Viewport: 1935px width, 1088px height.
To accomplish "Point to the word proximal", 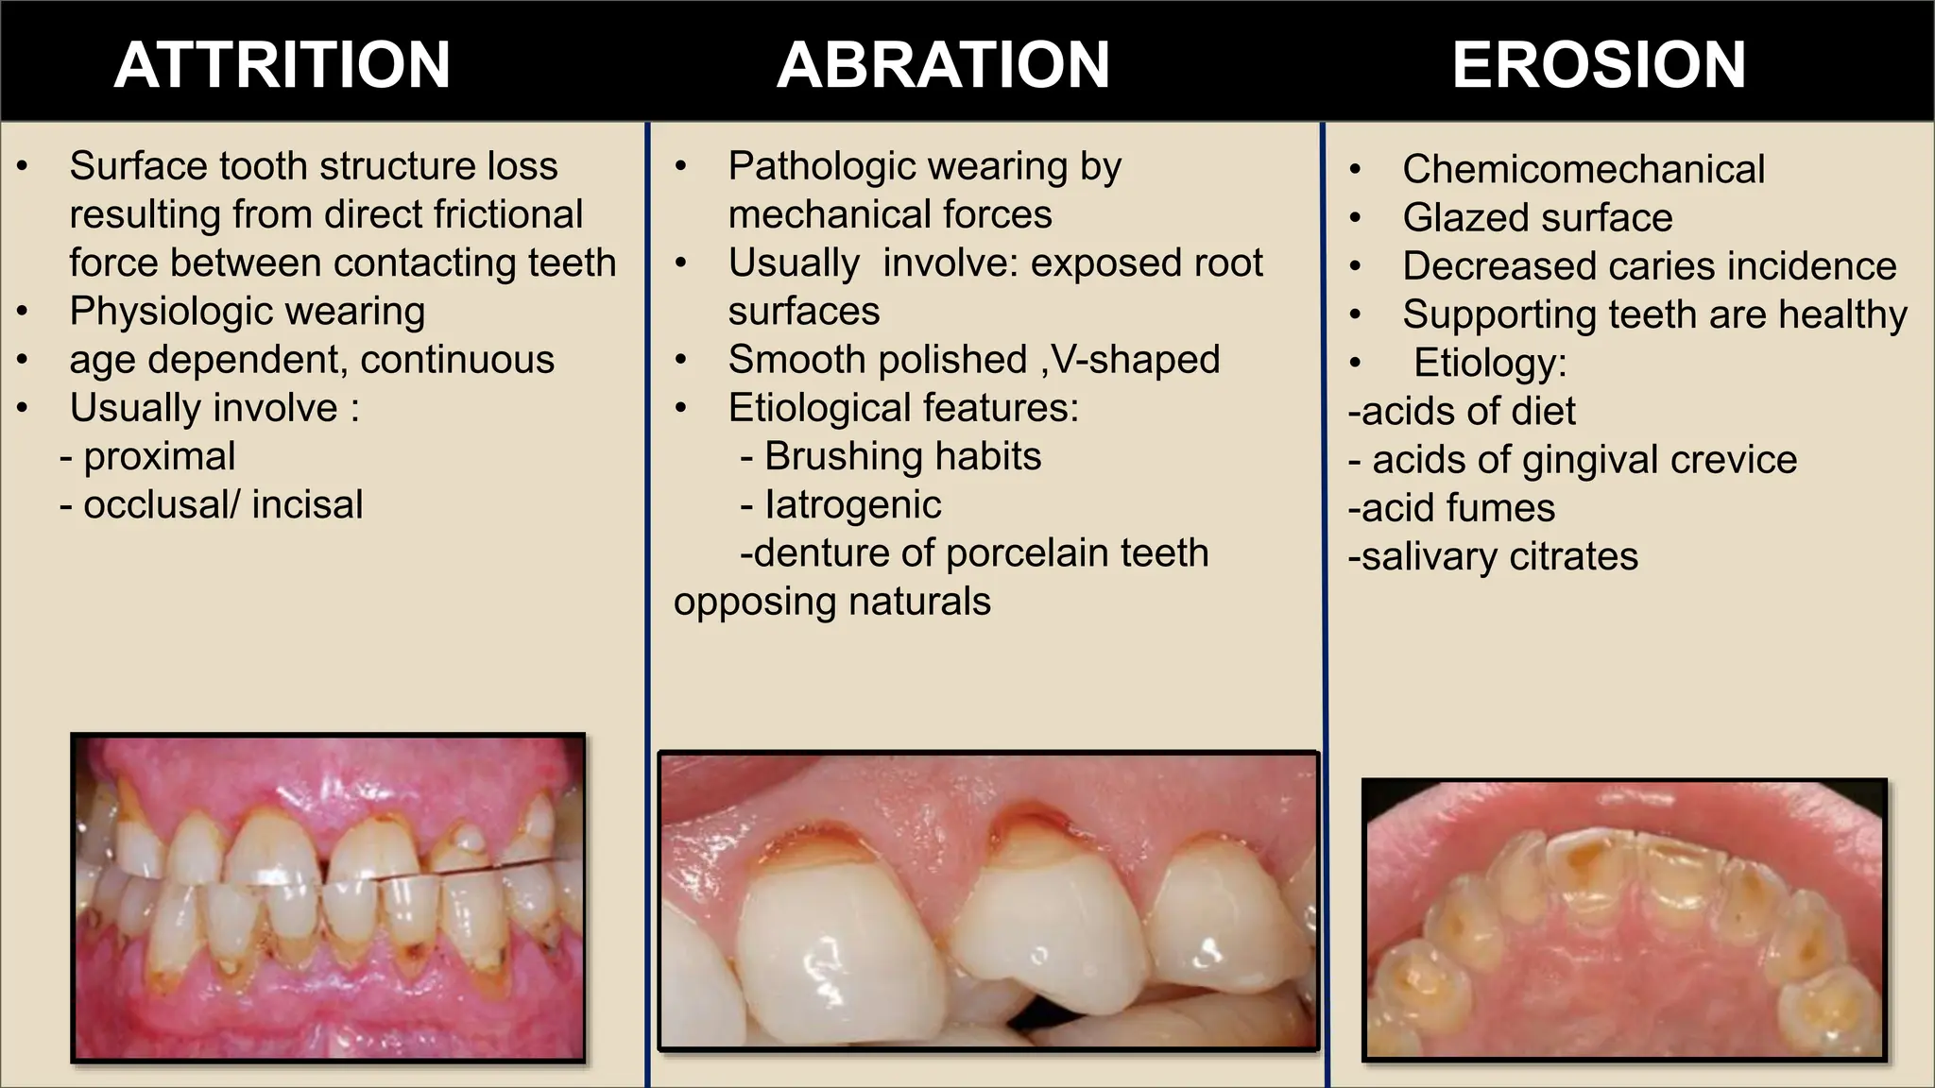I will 159,457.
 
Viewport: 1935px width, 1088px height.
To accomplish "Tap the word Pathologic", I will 805,167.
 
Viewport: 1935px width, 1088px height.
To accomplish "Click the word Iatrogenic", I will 852,505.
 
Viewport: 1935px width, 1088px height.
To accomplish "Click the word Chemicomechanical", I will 1584,170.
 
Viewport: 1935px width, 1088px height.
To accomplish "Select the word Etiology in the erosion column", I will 1489,364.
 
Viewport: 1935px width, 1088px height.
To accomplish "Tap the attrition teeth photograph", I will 328,897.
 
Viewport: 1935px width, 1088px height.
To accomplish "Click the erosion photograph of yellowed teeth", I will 1624,919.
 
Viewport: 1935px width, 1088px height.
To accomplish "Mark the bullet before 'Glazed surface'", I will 1356,218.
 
